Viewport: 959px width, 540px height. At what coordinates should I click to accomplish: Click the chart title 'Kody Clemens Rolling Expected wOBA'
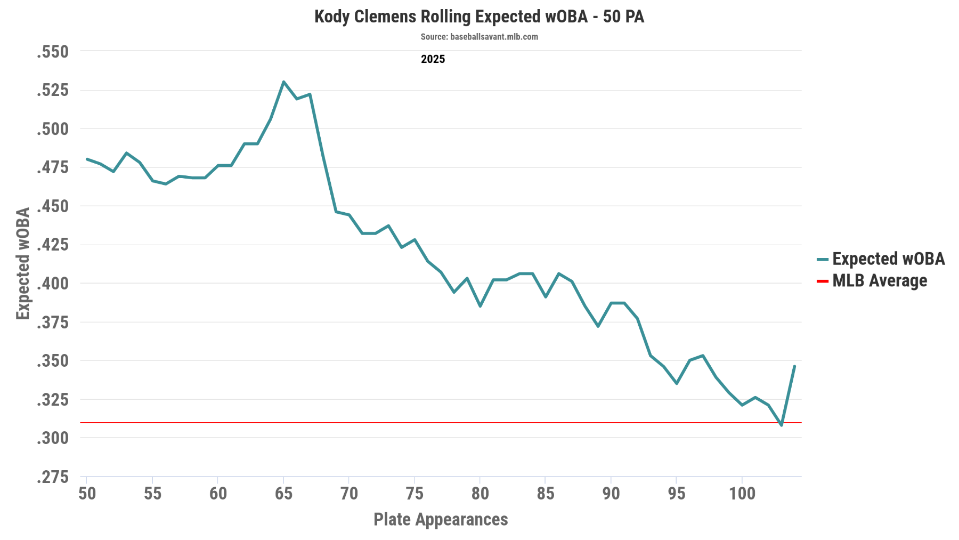479,17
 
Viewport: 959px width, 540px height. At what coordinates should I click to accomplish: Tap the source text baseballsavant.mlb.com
479,37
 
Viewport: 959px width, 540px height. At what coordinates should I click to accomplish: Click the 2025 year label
433,59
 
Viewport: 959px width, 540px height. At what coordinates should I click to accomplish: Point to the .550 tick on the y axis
53,52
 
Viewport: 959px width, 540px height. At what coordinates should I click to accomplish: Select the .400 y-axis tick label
53,284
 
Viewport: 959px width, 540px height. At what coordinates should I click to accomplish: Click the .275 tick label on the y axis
53,477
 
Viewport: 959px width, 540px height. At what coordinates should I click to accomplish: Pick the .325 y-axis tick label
53,400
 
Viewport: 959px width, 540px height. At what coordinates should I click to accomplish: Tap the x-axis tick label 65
283,494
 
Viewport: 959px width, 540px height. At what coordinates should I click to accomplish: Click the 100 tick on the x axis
742,494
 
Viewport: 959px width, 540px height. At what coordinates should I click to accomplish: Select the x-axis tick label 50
87,494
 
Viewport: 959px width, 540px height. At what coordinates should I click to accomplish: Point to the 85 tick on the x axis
546,494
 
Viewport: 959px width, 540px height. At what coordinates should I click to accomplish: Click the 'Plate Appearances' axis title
441,519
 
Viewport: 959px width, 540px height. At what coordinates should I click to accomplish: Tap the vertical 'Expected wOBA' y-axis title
23,264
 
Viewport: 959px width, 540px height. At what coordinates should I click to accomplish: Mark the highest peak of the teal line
283,82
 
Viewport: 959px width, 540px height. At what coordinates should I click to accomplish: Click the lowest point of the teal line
782,425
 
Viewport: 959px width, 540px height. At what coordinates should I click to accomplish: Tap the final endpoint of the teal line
794,366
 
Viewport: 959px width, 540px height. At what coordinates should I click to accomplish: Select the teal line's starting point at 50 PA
87,159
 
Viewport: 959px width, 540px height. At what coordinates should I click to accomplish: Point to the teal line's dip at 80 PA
480,306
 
